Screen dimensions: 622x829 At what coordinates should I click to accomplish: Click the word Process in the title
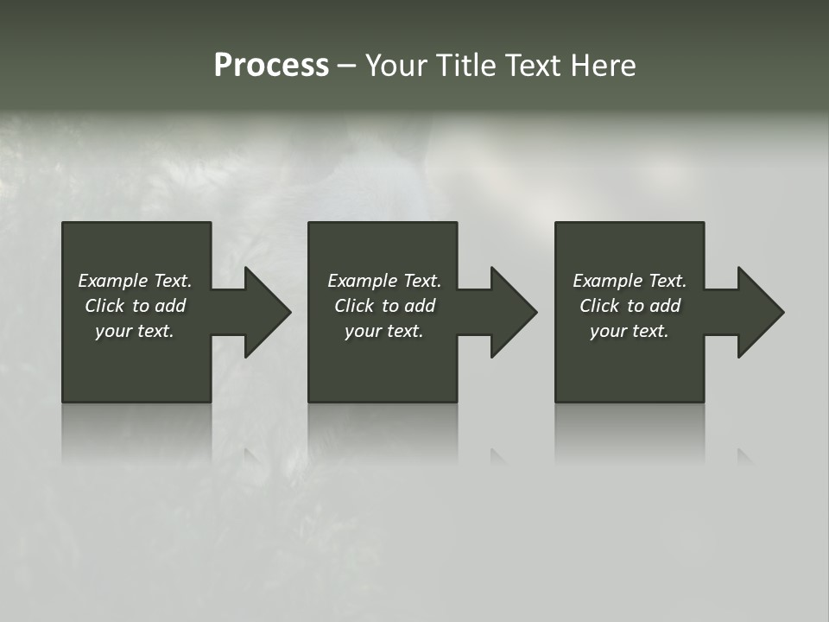[x=271, y=66]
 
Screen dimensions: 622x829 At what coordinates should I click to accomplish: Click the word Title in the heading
[x=464, y=66]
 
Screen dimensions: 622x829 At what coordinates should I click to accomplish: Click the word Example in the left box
[x=113, y=281]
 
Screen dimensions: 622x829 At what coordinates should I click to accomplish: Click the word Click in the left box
[x=104, y=306]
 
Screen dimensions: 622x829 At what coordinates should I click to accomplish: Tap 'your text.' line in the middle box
[x=383, y=331]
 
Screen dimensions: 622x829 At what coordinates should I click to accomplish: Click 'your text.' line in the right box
[x=629, y=331]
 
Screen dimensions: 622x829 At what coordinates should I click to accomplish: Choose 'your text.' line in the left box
[x=134, y=331]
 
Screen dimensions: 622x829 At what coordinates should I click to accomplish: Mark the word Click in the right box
[x=599, y=306]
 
